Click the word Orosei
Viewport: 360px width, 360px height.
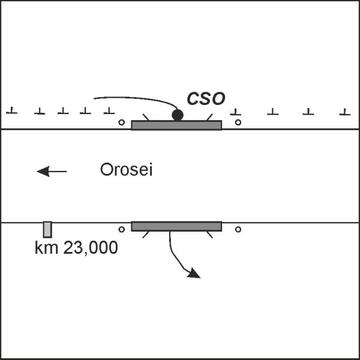(127, 170)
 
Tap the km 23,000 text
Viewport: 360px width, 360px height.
(76, 247)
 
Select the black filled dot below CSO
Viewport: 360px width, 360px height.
(177, 115)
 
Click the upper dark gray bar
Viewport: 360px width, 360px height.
(176, 125)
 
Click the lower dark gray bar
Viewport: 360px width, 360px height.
(176, 226)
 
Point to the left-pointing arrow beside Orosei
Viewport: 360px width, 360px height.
(52, 172)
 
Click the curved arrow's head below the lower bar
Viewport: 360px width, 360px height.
(194, 274)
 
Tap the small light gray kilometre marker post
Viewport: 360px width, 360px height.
(47, 229)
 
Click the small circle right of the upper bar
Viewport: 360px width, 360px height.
(238, 122)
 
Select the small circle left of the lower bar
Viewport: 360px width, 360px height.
(122, 229)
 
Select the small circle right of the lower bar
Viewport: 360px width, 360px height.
(238, 229)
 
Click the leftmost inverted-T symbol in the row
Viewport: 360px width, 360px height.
(11, 111)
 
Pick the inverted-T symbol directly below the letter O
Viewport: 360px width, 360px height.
(236, 112)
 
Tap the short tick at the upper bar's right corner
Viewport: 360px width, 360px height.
(208, 116)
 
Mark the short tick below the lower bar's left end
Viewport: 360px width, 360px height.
(145, 234)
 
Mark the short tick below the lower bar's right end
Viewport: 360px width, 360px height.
(209, 234)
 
